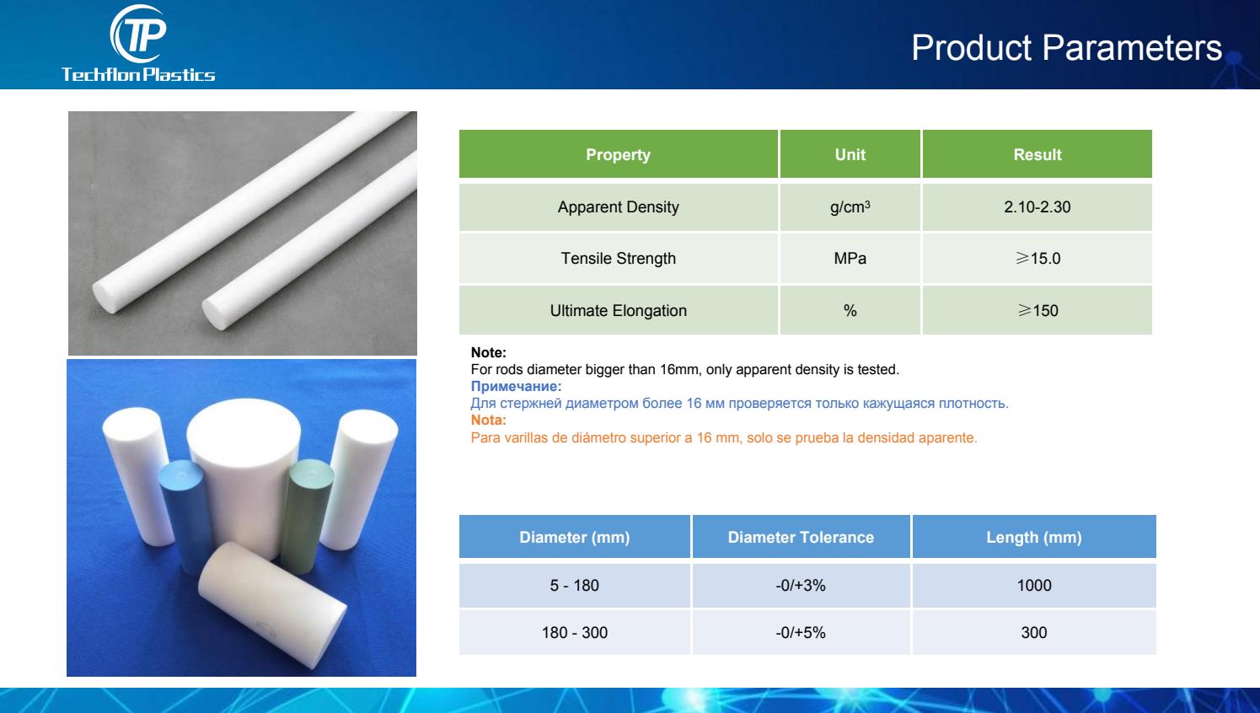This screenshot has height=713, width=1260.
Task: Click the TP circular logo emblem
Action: (138, 34)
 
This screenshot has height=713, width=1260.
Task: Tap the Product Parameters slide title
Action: (1066, 47)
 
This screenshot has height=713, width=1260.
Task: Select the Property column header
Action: (618, 154)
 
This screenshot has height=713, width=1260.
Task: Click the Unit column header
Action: (850, 154)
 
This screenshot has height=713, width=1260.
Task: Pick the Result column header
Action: (1037, 154)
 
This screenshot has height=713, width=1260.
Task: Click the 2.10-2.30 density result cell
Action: (1037, 207)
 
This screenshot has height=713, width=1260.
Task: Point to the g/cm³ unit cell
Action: (850, 207)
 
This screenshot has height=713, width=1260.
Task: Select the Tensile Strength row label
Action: (618, 258)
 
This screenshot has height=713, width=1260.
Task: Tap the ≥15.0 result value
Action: (1037, 258)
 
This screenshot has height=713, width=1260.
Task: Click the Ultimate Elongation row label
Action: (618, 310)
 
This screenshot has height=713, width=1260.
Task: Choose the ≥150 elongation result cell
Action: (1037, 310)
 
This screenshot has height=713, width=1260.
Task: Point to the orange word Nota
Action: (488, 420)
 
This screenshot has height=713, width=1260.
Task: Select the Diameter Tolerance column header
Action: (801, 537)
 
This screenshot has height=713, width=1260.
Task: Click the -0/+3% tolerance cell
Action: (801, 586)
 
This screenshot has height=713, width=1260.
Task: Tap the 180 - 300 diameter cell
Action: (574, 633)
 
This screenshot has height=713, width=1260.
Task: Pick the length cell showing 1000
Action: (1034, 586)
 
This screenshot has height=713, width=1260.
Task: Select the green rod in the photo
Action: (306, 514)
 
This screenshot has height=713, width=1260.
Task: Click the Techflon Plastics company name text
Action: (138, 74)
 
